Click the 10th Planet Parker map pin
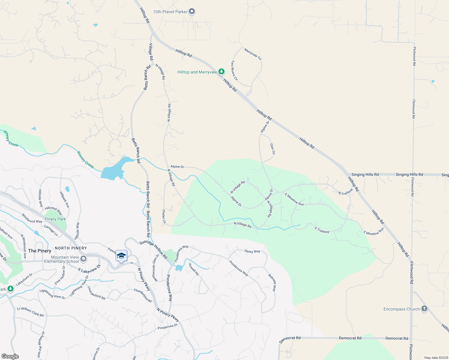click(x=192, y=12)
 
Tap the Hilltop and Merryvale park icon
click(x=221, y=72)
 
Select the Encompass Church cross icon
click(x=424, y=309)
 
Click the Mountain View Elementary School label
click(x=62, y=259)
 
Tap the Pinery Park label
click(x=55, y=219)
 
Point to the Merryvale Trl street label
click(x=253, y=54)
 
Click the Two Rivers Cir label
click(x=234, y=70)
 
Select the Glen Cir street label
click(x=273, y=149)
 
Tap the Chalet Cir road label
click(x=164, y=216)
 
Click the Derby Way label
click(x=252, y=251)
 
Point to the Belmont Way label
click(x=272, y=283)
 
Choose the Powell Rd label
click(x=194, y=269)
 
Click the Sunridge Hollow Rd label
click(x=153, y=249)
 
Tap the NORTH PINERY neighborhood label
click(x=71, y=248)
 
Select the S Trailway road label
click(x=322, y=230)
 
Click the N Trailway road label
click(x=346, y=192)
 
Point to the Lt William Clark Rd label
click(x=30, y=312)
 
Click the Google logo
click(x=10, y=356)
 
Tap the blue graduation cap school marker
click(x=121, y=256)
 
